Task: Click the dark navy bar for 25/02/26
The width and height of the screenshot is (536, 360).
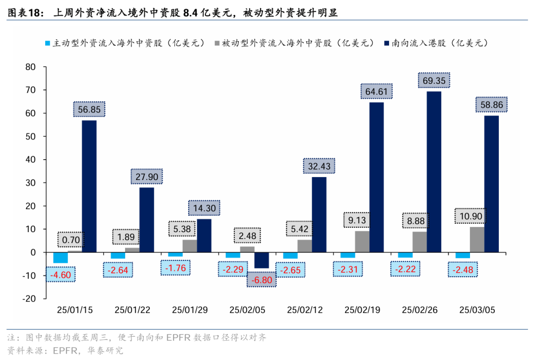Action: (434, 172)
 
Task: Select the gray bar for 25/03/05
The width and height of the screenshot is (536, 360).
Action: (477, 240)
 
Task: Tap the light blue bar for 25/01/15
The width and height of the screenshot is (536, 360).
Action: (61, 257)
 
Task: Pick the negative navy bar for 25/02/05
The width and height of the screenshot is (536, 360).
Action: (262, 260)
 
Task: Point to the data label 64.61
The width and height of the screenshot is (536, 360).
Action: (376, 92)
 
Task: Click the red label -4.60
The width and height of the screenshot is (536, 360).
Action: (60, 274)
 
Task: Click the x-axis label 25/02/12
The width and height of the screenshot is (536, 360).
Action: (305, 310)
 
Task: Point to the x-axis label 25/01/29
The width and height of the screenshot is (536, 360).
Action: (190, 310)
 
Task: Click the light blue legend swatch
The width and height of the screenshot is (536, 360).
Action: (48, 43)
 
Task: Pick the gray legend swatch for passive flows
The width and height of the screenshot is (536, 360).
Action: (216, 43)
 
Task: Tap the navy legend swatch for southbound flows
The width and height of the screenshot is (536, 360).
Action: (387, 43)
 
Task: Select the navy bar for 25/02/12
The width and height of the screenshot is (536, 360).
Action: (319, 215)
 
